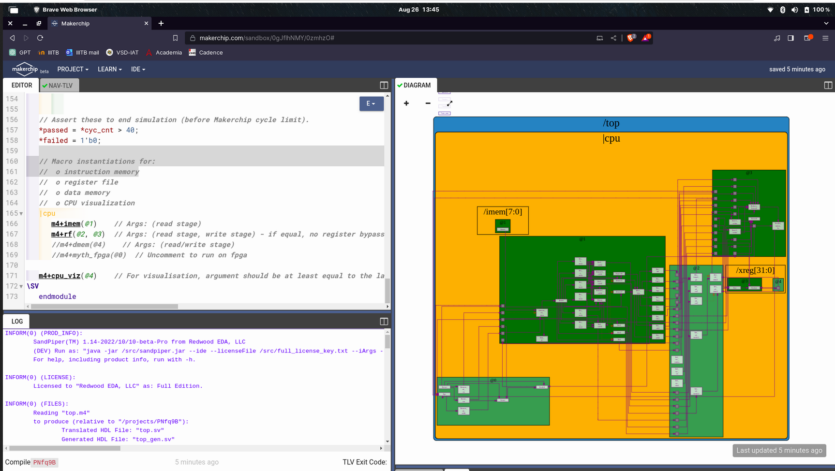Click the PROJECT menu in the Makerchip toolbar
pyautogui.click(x=73, y=69)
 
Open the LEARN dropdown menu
pyautogui.click(x=109, y=69)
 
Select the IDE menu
pyautogui.click(x=138, y=69)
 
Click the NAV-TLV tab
pyautogui.click(x=60, y=86)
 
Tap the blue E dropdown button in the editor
pyautogui.click(x=371, y=103)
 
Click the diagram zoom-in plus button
pyautogui.click(x=406, y=103)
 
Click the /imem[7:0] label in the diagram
pyautogui.click(x=503, y=212)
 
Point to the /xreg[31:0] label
pyautogui.click(x=755, y=270)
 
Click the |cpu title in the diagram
pyautogui.click(x=611, y=138)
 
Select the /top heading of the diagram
pyautogui.click(x=611, y=123)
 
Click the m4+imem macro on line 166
pyautogui.click(x=66, y=224)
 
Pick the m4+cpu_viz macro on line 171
pyautogui.click(x=60, y=276)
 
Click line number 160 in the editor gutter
pyautogui.click(x=12, y=162)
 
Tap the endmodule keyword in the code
pyautogui.click(x=57, y=296)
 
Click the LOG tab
pyautogui.click(x=17, y=321)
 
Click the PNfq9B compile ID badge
pyautogui.click(x=45, y=462)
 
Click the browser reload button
pyautogui.click(x=40, y=38)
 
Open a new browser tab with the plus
pyautogui.click(x=161, y=23)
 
